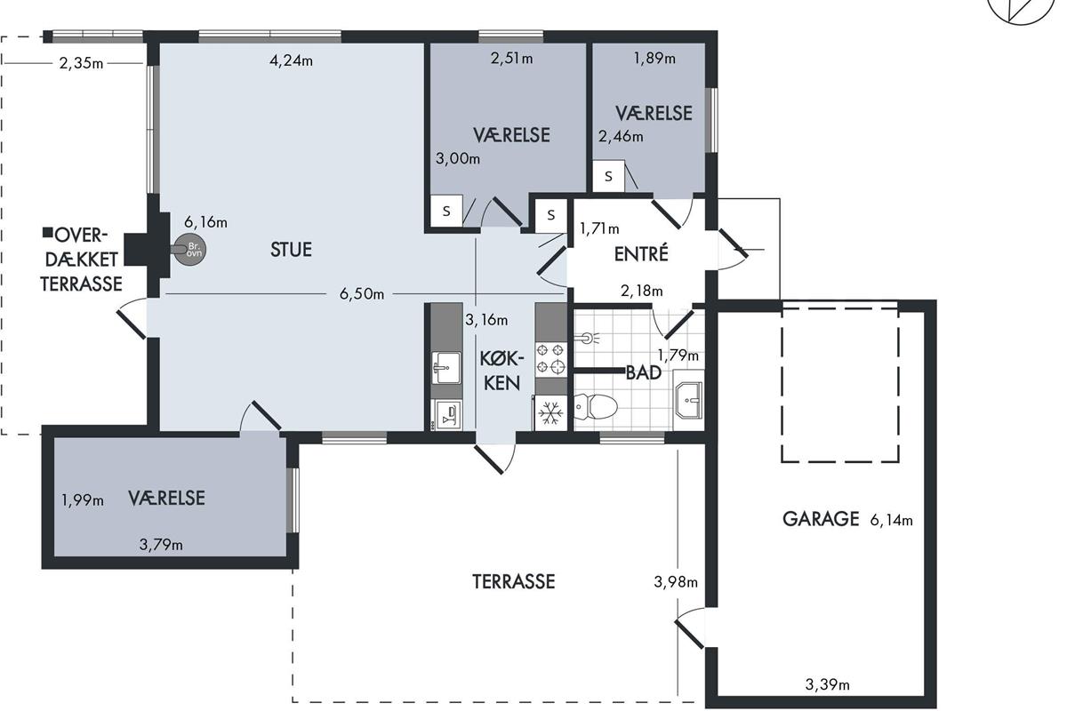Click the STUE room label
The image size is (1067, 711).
coord(291,250)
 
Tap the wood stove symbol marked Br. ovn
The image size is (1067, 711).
coord(189,250)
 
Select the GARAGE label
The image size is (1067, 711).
coord(821,519)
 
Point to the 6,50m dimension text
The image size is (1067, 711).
coord(362,294)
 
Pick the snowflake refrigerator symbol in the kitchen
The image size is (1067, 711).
coord(550,413)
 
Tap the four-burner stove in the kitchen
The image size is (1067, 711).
coord(551,360)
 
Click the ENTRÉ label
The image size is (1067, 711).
coord(641,254)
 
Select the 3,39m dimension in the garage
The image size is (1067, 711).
coord(828,684)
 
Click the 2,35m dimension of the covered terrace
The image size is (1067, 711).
coord(81,63)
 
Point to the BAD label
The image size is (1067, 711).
coord(644,373)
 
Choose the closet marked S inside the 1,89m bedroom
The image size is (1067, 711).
coord(608,176)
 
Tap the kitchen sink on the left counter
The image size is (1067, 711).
coord(445,367)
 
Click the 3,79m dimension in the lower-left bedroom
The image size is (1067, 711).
coord(161,544)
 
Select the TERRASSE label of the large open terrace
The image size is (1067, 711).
coord(514,581)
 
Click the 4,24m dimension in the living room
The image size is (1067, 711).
coord(291,60)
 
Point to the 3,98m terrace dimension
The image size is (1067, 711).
coord(676,581)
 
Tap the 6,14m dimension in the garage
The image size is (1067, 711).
coord(891,520)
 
